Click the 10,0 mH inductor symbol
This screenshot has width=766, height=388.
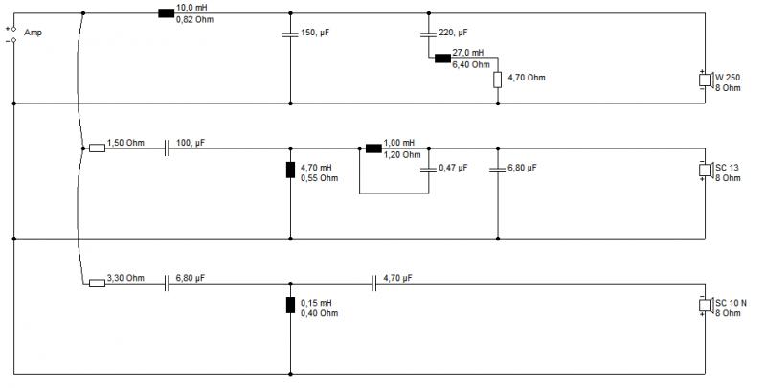(166, 13)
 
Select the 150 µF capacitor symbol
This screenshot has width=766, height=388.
(290, 34)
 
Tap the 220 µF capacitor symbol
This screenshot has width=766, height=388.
(428, 34)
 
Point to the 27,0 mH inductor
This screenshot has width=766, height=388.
(442, 58)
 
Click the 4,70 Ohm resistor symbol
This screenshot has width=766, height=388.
(497, 80)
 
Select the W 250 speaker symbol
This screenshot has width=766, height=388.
(706, 80)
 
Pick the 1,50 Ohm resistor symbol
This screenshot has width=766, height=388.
(97, 148)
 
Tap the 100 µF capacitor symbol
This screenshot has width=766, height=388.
(166, 148)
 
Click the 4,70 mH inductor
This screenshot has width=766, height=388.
(290, 170)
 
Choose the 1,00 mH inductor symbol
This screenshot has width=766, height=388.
(373, 148)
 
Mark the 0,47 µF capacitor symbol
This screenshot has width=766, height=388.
(428, 170)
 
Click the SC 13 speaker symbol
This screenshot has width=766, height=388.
(706, 170)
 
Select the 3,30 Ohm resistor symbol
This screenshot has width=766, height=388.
(97, 283)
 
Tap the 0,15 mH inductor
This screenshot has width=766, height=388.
(290, 305)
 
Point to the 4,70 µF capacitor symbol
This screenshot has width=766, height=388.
(373, 283)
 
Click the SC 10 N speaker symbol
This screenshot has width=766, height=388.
(706, 305)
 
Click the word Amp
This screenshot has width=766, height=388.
(33, 33)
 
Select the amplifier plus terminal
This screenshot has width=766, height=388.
(13, 30)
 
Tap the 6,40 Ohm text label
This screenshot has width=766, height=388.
(471, 64)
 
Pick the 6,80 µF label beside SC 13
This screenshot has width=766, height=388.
(522, 167)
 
